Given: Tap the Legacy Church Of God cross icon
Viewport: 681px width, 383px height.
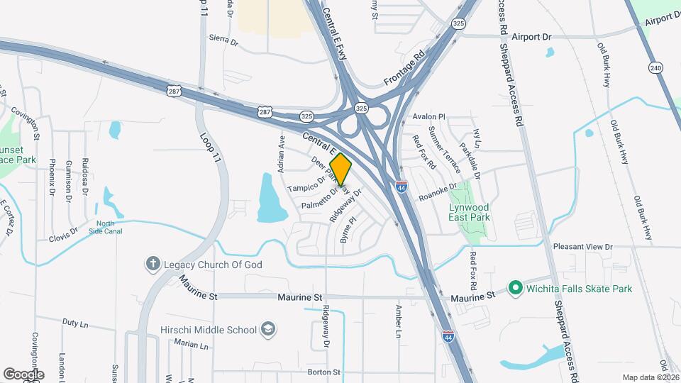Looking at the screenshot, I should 153,265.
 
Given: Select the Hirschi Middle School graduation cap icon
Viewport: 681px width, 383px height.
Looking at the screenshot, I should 268,329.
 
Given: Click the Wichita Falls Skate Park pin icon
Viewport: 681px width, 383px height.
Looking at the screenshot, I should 516,289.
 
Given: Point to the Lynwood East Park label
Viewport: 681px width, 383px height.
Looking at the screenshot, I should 469,212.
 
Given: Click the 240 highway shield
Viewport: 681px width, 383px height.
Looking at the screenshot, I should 655,67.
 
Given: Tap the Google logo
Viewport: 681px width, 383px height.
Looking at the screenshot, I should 23,374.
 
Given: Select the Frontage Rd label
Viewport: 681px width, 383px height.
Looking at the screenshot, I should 403,68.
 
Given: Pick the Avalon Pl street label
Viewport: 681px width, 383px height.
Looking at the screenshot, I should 428,116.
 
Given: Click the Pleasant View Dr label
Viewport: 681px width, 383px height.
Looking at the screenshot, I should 582,247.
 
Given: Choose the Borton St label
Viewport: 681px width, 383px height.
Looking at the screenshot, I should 324,372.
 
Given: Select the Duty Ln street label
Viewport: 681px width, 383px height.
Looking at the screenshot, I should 74,321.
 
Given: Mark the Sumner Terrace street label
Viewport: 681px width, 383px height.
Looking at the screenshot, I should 448,152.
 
